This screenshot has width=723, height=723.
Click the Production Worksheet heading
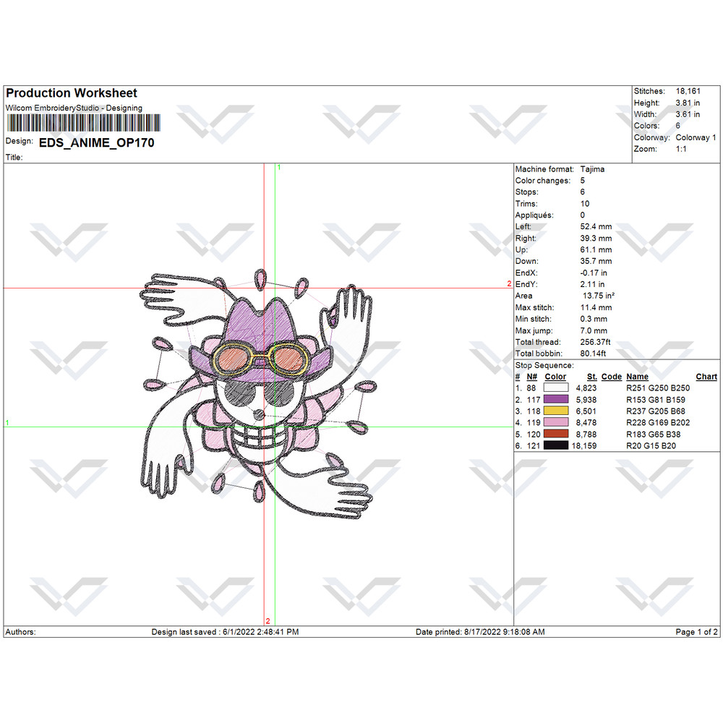(x=72, y=93)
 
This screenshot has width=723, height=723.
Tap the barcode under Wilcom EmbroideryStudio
(x=83, y=123)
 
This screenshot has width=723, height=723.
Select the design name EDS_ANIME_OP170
(x=96, y=143)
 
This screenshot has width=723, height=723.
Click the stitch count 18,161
(x=688, y=91)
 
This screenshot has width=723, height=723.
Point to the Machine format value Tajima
(x=592, y=169)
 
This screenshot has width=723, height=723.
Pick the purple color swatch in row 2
(x=555, y=399)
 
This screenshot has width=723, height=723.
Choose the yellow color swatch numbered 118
(x=555, y=411)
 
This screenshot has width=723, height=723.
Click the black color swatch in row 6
(x=555, y=445)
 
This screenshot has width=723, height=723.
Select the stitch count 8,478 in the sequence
(x=586, y=423)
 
